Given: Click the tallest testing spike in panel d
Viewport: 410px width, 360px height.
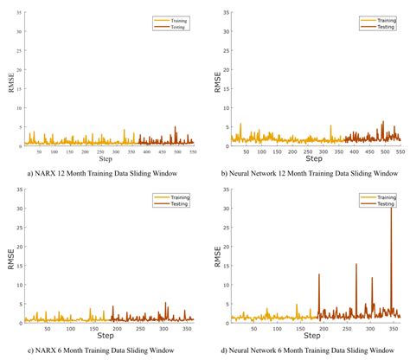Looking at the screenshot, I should (392, 210).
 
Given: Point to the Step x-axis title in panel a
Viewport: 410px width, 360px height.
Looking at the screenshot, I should (106, 160).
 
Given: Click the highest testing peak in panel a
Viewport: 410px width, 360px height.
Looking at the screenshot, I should (176, 127).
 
